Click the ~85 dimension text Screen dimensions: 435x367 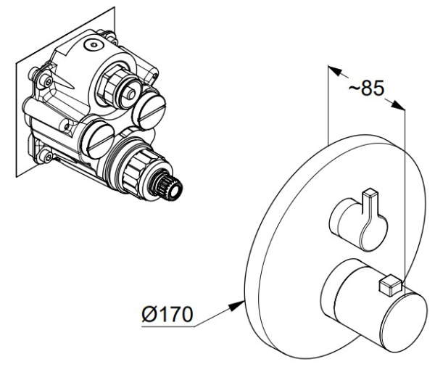coord(366,88)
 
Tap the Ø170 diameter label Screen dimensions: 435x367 coord(167,314)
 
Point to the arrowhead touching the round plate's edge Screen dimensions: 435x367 coord(236,305)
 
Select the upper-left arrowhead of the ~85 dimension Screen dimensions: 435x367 coord(335,70)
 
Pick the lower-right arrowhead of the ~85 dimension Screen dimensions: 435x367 coord(398,105)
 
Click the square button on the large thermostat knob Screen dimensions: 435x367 coord(390,285)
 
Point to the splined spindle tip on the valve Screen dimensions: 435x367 coord(169,189)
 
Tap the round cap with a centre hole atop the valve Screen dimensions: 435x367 coord(94,45)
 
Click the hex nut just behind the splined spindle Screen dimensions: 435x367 coord(138,172)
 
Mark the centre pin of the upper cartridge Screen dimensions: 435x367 coord(131,94)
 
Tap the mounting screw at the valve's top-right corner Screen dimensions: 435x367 coord(110,37)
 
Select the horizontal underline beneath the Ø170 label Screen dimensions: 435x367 coord(168,327)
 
